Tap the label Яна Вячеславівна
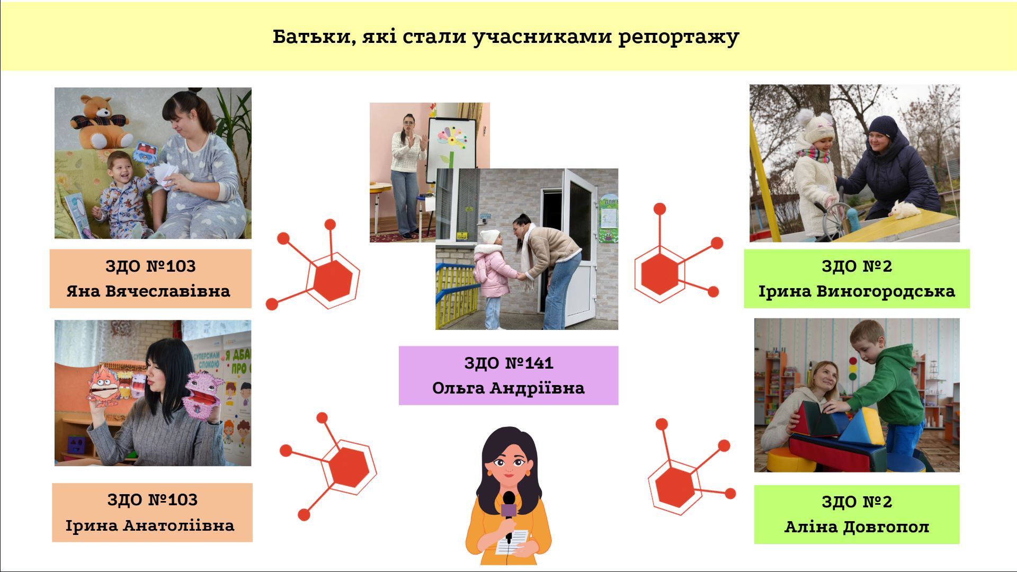tap(148, 291)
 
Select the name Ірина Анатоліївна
tap(150, 525)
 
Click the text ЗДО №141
tap(508, 363)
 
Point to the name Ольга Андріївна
tap(508, 388)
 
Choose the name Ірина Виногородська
tap(857, 291)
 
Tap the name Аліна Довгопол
tap(857, 527)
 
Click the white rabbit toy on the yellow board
tap(904, 210)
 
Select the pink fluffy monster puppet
tap(201, 394)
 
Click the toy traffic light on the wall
tap(852, 369)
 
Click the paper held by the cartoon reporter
tap(513, 541)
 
